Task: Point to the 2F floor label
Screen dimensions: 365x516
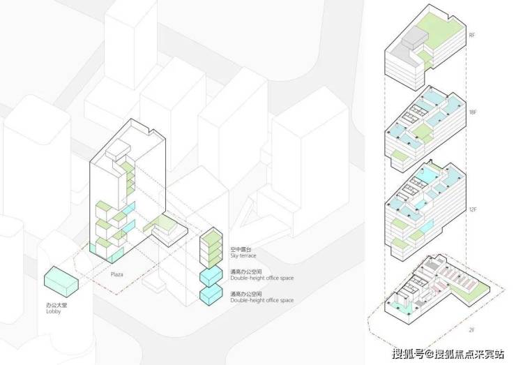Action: (x=472, y=328)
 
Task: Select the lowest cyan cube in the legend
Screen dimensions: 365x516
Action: (x=210, y=296)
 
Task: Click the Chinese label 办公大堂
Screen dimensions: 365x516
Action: (x=54, y=306)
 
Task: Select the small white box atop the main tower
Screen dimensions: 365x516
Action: (x=116, y=150)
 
